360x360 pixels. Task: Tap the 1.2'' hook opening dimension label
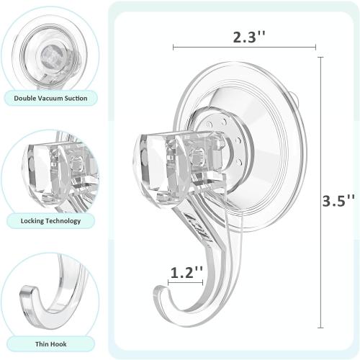coord(185,272)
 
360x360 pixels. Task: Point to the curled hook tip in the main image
coord(160,295)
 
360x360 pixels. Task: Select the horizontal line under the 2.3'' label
coord(244,48)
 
